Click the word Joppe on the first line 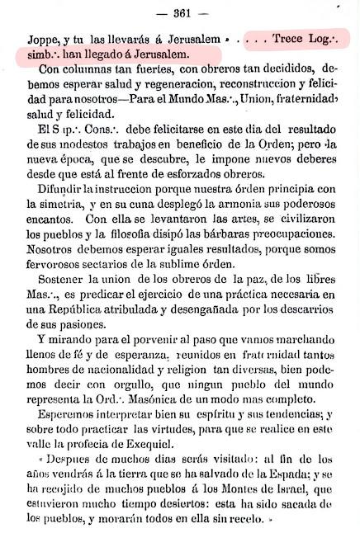[x=32, y=40]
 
